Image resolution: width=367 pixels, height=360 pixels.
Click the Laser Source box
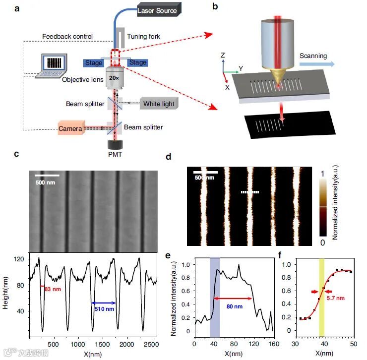click(x=157, y=10)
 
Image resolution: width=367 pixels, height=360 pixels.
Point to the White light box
click(x=159, y=104)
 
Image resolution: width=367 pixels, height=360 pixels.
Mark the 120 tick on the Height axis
click(x=20, y=259)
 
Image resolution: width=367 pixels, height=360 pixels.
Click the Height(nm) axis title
click(x=8, y=295)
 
